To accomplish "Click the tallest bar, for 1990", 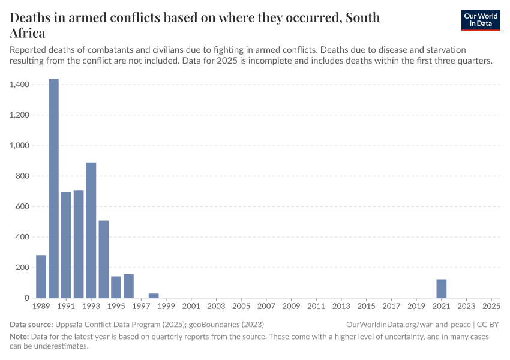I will (x=53, y=188).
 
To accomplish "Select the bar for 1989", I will (x=41, y=277).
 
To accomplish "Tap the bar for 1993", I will (x=91, y=230).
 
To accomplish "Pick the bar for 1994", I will (x=104, y=259).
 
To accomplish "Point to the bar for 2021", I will (x=442, y=289).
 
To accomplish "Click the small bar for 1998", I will (x=154, y=295).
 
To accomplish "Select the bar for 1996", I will (x=128, y=286).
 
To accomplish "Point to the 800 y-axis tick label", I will (x=23, y=176).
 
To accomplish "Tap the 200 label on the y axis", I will (x=23, y=267).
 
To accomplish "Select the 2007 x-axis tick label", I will (x=266, y=307).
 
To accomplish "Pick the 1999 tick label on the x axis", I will (x=166, y=307).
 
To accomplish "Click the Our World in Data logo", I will (x=481, y=20).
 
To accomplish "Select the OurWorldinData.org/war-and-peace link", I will (x=409, y=325).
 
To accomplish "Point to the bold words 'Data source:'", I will (x=31, y=325).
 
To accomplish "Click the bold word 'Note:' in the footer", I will (x=20, y=337).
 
